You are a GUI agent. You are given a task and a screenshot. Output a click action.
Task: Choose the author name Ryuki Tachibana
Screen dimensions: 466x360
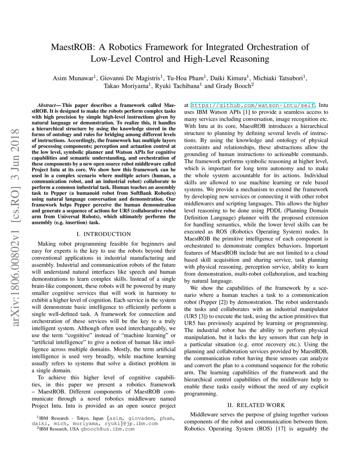click(x=178, y=86)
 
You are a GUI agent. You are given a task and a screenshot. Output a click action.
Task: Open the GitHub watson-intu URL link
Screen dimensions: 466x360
click(x=253, y=105)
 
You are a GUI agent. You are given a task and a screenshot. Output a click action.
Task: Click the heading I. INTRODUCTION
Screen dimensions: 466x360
click(x=104, y=234)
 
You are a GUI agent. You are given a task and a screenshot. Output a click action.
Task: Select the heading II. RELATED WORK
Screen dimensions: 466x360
click(x=256, y=405)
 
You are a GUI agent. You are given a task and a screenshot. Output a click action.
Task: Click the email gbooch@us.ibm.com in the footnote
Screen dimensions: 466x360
click(x=108, y=429)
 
